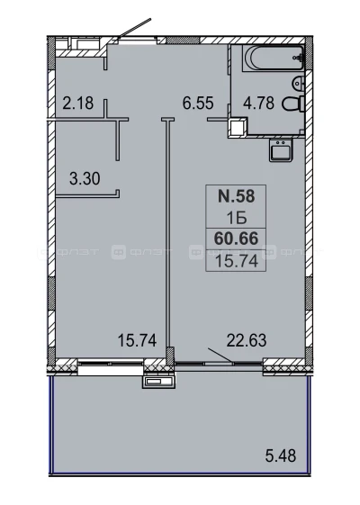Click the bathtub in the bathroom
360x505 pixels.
(273, 58)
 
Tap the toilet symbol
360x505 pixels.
(293, 104)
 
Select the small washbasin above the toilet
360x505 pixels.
(299, 83)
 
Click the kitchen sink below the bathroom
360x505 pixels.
(281, 150)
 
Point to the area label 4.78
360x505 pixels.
(258, 104)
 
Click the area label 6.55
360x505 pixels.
(198, 103)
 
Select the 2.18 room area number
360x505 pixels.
(78, 103)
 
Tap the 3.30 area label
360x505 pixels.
(85, 178)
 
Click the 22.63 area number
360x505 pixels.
(247, 340)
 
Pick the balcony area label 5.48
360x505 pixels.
(281, 455)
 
